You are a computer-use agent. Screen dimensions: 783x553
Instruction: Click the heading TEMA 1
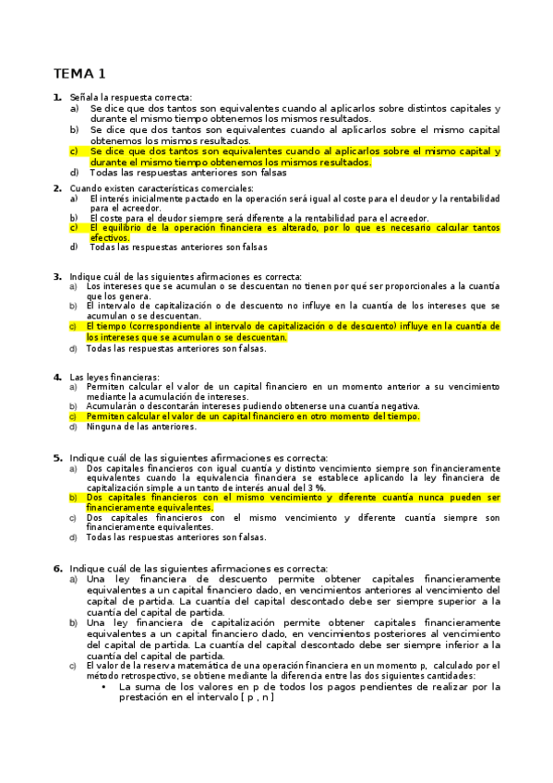pyautogui.click(x=79, y=73)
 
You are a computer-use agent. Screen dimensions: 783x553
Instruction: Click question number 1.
pyautogui.click(x=57, y=98)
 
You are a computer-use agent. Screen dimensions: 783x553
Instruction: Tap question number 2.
pyautogui.click(x=57, y=187)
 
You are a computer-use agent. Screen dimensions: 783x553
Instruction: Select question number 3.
pyautogui.click(x=57, y=276)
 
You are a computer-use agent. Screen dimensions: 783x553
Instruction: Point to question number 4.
pyautogui.click(x=57, y=377)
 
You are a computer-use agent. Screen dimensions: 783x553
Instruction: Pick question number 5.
pyautogui.click(x=57, y=457)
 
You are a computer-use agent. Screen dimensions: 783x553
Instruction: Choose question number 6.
pyautogui.click(x=57, y=568)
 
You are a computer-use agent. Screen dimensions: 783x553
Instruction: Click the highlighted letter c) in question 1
pyautogui.click(x=74, y=151)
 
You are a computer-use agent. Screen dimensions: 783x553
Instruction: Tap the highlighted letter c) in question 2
pyautogui.click(x=74, y=227)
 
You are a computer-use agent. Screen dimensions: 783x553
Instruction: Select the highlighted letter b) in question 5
pyautogui.click(x=73, y=497)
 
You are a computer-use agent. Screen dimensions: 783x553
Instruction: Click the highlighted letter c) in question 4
pyautogui.click(x=73, y=416)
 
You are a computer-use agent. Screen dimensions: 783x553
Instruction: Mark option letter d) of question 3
pyautogui.click(x=73, y=349)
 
